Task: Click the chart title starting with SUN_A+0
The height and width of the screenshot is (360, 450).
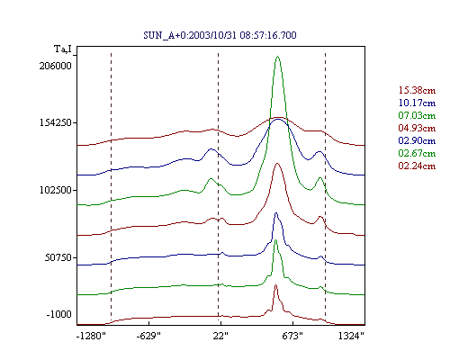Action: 220,35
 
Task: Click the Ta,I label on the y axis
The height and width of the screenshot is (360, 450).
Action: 63,49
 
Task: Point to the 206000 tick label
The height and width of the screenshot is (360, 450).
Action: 56,66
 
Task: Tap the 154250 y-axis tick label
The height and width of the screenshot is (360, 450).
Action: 56,122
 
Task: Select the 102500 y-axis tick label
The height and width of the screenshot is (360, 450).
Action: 56,190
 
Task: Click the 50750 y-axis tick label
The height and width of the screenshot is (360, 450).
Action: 58,257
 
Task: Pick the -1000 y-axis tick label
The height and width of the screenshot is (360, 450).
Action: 58,314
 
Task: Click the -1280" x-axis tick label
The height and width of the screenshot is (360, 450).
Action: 91,336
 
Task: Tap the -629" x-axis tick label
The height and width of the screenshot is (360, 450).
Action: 148,336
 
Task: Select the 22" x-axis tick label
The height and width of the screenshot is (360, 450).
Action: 220,336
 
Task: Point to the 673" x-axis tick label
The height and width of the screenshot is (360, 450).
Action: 292,336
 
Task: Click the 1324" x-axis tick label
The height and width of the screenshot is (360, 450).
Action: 351,336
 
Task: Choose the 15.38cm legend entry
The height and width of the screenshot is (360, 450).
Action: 417,90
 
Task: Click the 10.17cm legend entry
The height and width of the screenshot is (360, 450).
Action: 417,103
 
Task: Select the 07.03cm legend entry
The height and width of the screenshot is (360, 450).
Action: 417,115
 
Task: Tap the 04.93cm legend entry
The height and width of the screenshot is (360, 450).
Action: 417,128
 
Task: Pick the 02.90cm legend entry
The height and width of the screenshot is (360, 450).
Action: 417,140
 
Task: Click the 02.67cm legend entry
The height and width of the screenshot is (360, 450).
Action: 417,153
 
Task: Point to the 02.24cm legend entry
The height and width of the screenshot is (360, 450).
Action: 417,166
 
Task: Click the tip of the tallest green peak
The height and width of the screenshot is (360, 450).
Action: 277,56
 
